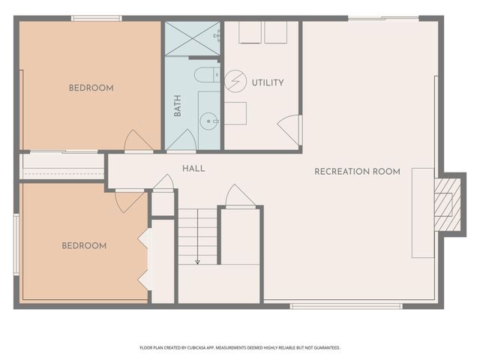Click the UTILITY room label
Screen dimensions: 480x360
[x=268, y=82]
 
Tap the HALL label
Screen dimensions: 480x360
[x=193, y=168]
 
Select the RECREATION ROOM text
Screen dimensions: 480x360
[x=357, y=172]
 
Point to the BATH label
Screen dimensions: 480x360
[x=177, y=106]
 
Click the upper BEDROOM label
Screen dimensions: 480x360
[x=91, y=88]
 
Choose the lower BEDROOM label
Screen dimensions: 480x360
[x=84, y=245]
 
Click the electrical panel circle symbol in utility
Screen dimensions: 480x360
[x=235, y=82]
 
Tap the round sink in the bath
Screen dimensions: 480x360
[x=208, y=121]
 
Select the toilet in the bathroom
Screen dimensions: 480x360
[x=207, y=75]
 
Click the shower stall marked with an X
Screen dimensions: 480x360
[x=192, y=38]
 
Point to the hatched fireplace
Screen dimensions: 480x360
[x=447, y=205]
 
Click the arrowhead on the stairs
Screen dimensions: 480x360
[x=198, y=262]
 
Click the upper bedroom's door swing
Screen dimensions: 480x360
[x=138, y=140]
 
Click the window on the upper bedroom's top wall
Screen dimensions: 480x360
[x=97, y=18]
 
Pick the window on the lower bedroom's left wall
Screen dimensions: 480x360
[x=16, y=244]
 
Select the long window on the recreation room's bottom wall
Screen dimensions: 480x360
[x=346, y=306]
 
